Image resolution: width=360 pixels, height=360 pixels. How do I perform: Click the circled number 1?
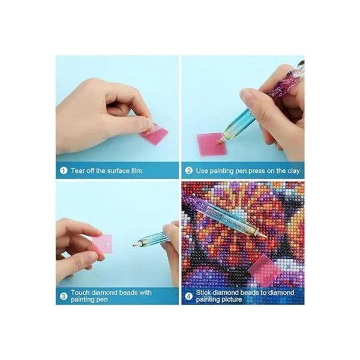(x=64, y=170)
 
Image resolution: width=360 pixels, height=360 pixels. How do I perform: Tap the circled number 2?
(x=188, y=170)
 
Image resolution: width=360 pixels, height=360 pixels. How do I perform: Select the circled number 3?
(x=64, y=296)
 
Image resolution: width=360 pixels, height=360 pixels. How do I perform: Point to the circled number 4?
(x=188, y=296)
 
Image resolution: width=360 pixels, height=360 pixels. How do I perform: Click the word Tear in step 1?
(x=77, y=170)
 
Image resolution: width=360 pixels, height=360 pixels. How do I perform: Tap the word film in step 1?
(x=136, y=170)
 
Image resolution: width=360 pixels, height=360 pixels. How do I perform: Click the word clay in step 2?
(x=293, y=171)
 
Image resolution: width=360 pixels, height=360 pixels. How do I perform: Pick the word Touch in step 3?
(x=80, y=293)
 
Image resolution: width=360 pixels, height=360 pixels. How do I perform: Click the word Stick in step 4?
(x=203, y=293)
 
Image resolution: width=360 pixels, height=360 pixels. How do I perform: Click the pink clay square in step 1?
(x=154, y=133)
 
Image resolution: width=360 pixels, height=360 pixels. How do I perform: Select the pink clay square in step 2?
(x=212, y=144)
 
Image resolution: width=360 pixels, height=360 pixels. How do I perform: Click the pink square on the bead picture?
(x=264, y=271)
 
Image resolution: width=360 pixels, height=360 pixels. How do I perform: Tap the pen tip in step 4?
(x=266, y=236)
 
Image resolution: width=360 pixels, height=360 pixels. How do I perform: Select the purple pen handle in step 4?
(x=194, y=200)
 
